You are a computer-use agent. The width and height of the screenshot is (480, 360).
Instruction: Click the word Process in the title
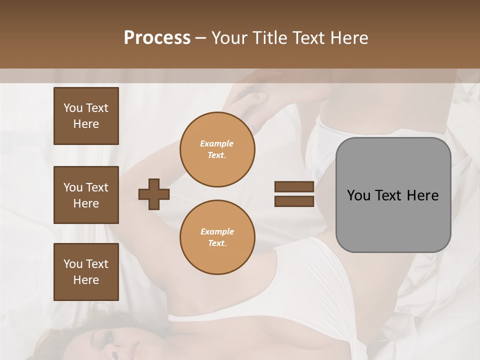pos(157,37)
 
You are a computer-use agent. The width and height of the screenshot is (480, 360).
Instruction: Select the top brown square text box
pos(86,116)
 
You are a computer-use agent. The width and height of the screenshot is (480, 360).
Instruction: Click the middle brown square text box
pos(86,195)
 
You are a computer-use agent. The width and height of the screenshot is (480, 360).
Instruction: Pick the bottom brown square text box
pos(86,272)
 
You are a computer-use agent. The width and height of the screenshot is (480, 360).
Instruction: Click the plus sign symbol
pos(154,194)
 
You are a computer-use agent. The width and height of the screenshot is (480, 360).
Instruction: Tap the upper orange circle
pos(217,149)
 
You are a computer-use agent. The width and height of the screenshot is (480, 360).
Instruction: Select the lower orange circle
pos(217,237)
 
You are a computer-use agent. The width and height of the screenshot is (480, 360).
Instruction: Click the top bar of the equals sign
pos(294,186)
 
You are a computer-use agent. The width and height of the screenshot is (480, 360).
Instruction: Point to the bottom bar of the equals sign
pos(294,201)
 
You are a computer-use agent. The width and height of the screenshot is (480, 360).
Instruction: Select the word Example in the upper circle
pos(217,143)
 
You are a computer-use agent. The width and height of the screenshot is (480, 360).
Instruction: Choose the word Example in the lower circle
pos(217,231)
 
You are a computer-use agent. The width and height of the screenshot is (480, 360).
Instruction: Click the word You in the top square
pos(73,108)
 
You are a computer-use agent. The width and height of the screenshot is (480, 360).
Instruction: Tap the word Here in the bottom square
pos(86,280)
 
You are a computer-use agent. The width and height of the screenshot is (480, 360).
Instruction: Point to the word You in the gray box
pos(358,195)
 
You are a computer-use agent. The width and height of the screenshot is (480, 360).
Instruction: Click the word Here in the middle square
pos(86,203)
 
